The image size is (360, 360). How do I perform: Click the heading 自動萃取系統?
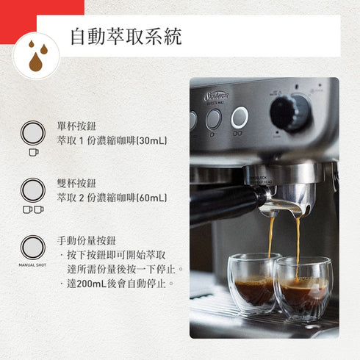tap(126, 37)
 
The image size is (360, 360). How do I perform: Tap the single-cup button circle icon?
tap(32, 133)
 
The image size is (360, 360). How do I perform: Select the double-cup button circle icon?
tap(32, 190)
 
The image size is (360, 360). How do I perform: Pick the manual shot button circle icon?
tap(32, 248)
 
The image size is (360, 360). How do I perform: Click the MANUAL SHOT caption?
tap(32, 264)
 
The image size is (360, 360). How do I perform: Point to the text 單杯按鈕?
tap(76, 126)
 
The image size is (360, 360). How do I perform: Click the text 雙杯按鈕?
tap(76, 183)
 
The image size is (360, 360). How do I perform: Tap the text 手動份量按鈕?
tap(85, 240)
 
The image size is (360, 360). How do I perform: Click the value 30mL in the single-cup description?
tap(153, 140)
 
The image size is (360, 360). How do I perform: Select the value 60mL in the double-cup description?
tap(153, 197)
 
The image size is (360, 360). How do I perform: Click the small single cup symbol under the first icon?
tap(32, 152)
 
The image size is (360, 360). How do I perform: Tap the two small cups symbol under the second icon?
tap(32, 209)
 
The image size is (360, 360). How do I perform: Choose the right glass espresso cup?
tap(303, 288)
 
